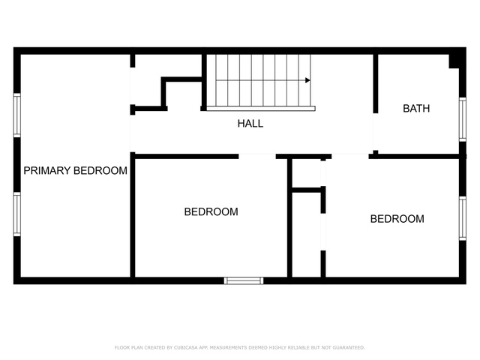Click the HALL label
pyautogui.click(x=250, y=123)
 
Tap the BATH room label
pyautogui.click(x=416, y=108)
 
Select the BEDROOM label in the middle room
pyautogui.click(x=211, y=211)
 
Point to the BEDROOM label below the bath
pyautogui.click(x=397, y=219)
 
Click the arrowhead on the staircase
pyautogui.click(x=307, y=80)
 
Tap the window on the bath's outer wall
pyautogui.click(x=462, y=119)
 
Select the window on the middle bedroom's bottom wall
pyautogui.click(x=244, y=280)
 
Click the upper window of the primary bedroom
pyautogui.click(x=17, y=115)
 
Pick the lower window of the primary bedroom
pyautogui.click(x=17, y=214)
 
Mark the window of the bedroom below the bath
pyautogui.click(x=462, y=218)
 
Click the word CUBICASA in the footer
pyautogui.click(x=186, y=347)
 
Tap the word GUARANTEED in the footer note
pyautogui.click(x=349, y=347)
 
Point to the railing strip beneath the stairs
pyautogui.click(x=261, y=108)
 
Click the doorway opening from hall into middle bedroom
pyautogui.click(x=257, y=156)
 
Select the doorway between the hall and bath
pyautogui.click(x=376, y=132)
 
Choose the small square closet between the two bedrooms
pyautogui.click(x=307, y=173)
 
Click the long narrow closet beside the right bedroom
pyautogui.click(x=307, y=235)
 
